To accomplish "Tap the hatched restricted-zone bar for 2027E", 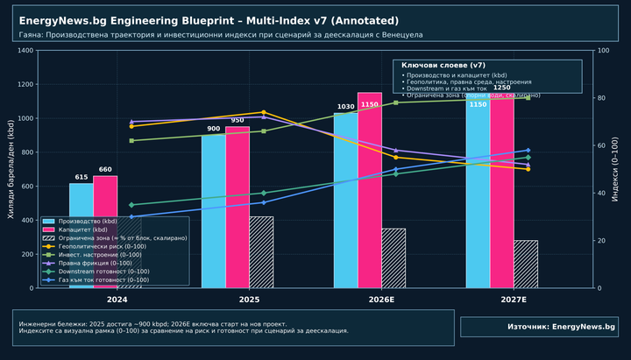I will click(526, 264).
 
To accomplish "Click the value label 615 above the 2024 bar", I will click(82, 178).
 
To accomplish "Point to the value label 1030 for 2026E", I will click(345, 107).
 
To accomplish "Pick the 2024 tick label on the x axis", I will click(105, 300).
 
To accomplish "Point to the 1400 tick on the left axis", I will click(24, 51).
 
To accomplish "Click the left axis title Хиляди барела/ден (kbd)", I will click(11, 169).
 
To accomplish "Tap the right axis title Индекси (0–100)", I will click(615, 169).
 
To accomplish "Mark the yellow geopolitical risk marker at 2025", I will click(263, 112).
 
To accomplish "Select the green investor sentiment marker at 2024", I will click(131, 140).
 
